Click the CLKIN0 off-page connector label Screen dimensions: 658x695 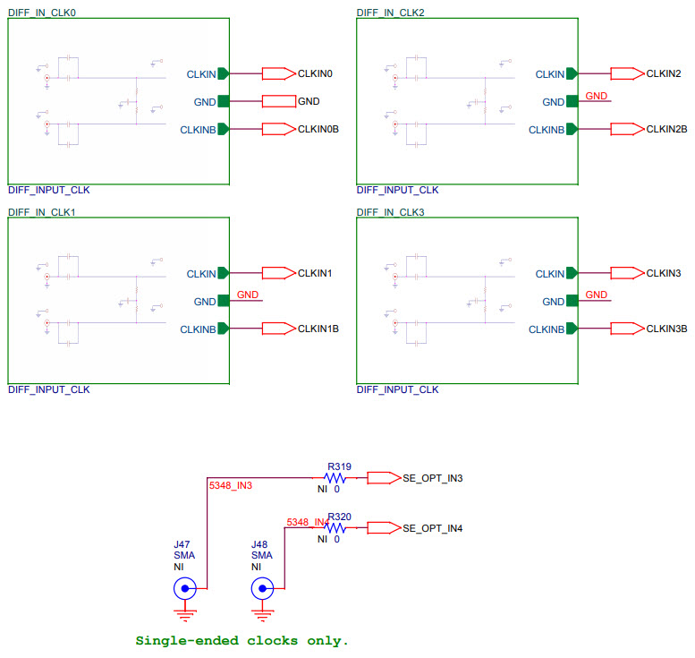pos(315,73)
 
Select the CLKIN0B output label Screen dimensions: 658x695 pos(318,129)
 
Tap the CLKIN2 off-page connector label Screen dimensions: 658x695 pos(664,73)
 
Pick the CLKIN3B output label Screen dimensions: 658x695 pos(666,329)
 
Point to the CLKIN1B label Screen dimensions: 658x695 pos(318,329)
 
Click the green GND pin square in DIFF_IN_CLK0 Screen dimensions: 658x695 pos(224,102)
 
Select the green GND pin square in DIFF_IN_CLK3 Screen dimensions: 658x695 pos(572,302)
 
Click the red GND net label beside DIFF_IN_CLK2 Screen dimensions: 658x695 pos(597,96)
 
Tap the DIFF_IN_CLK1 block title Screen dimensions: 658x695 pos(41,212)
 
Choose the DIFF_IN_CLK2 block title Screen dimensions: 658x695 pos(390,13)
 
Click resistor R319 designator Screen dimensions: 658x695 pos(339,466)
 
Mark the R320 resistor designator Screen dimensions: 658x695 pos(340,517)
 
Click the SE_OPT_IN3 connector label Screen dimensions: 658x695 pos(432,478)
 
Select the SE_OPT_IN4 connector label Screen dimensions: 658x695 pos(432,528)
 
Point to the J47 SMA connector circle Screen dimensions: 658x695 pos(184,588)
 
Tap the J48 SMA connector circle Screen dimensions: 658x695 pos(262,588)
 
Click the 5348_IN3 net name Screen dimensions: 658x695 pos(231,485)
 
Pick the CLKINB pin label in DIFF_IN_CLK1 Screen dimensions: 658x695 pos(198,329)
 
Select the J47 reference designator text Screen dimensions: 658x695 pos(182,544)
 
